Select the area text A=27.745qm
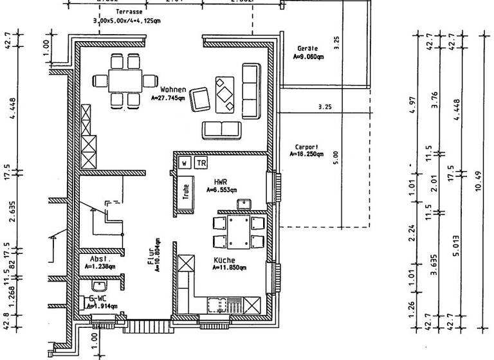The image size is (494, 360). coord(169,98)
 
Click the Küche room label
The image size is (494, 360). coord(224,260)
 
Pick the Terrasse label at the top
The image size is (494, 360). coord(129,12)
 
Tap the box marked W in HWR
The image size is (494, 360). coord(185,163)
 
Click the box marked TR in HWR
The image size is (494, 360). coord(201,163)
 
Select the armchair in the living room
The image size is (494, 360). coord(202,99)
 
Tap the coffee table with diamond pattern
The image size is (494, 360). coord(224,94)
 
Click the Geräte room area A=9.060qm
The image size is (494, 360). coord(308,57)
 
